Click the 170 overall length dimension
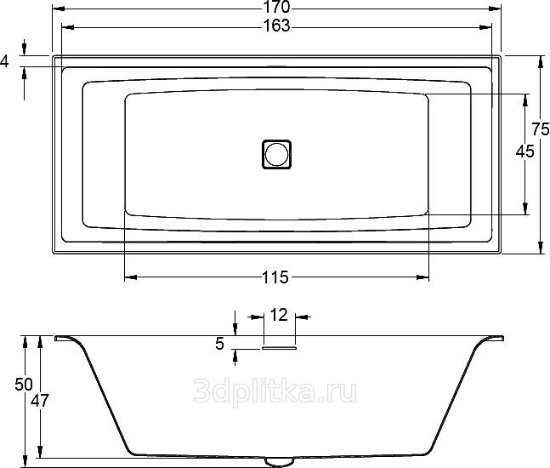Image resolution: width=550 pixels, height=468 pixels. [276, 6]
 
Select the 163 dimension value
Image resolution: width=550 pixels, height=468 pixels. [277, 26]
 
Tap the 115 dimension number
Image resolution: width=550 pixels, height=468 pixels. [275, 277]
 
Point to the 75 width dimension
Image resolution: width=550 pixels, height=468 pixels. [540, 129]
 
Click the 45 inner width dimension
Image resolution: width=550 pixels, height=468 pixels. [524, 151]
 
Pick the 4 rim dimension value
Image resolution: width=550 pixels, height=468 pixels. [4, 61]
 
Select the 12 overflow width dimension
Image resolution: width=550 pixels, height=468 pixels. [279, 315]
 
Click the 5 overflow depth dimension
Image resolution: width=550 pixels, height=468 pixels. [219, 344]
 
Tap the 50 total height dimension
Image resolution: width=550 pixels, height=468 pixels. [24, 385]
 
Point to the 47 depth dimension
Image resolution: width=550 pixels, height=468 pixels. [40, 400]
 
